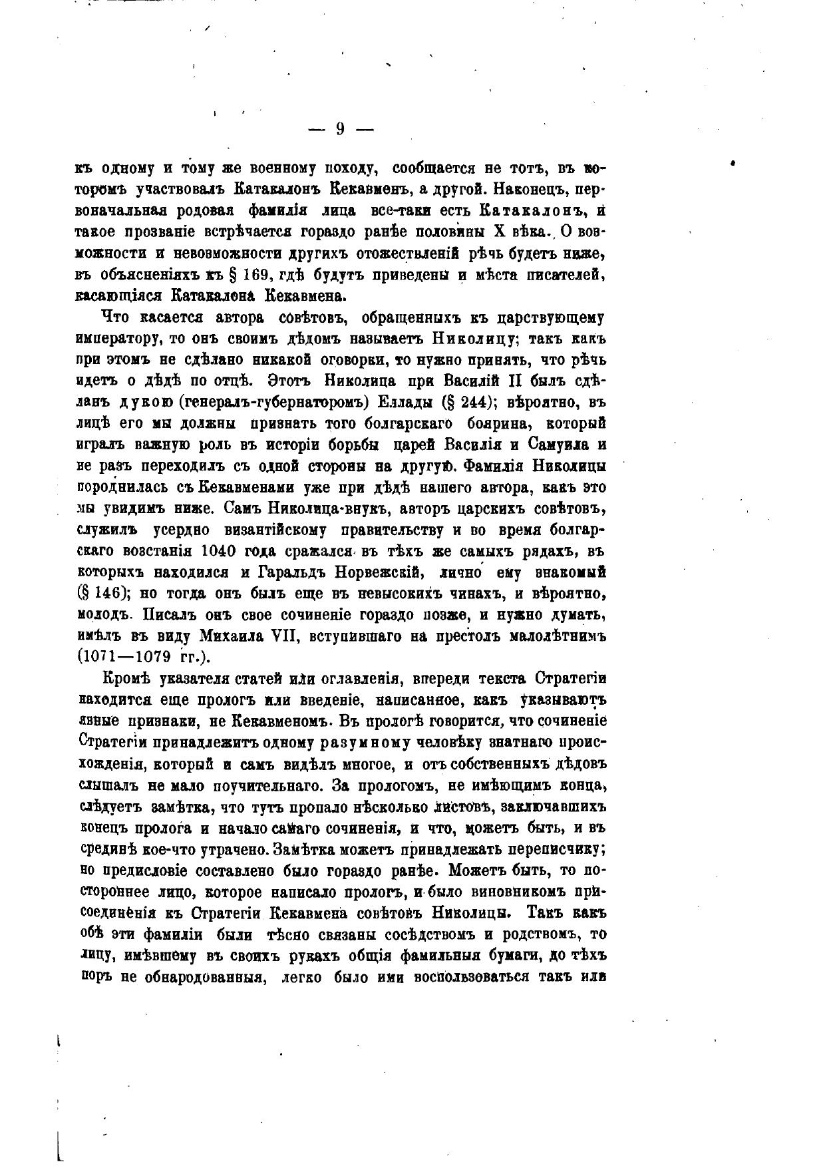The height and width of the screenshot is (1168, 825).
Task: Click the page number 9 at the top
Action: coord(339,129)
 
